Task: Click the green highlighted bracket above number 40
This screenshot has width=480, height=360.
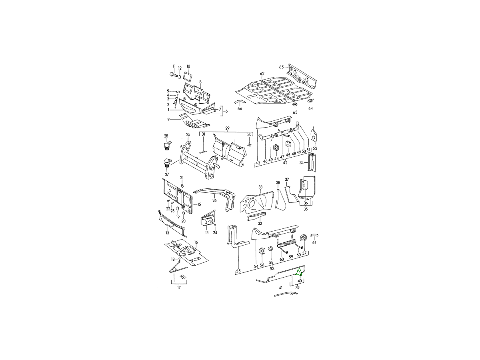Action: coord(299,272)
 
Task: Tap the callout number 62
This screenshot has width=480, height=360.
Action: coord(262,74)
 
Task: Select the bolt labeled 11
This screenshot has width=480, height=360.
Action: coord(174,75)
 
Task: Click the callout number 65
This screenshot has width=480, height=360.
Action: coord(281,67)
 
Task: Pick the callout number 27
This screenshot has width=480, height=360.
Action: coord(167,174)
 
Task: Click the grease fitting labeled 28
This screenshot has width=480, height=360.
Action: coord(168,145)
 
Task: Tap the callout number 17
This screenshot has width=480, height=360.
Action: coord(179,288)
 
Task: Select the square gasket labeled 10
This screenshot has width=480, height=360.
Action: coord(188,77)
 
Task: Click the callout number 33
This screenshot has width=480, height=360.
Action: coord(260,187)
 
